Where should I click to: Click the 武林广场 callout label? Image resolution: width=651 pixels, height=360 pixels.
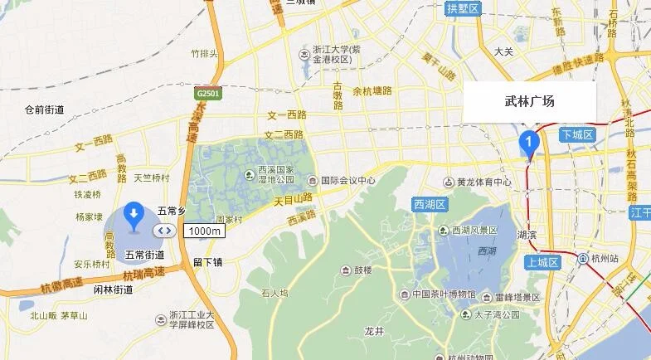click(529, 101)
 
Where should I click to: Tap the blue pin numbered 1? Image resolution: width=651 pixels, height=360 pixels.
click(528, 143)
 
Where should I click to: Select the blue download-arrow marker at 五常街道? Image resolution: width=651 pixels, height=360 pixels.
click(133, 216)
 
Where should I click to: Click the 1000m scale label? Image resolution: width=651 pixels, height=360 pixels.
click(203, 231)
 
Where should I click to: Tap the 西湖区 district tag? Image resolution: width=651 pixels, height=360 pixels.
click(430, 204)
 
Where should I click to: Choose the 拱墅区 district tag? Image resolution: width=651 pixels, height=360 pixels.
click(463, 9)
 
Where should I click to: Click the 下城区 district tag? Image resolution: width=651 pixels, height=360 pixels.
click(576, 134)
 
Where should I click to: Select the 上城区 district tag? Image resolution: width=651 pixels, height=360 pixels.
click(542, 262)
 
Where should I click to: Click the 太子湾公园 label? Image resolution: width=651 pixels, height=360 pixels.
click(496, 315)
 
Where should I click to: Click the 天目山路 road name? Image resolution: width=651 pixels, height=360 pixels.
click(296, 198)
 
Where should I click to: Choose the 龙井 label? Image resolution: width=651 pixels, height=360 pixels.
click(375, 330)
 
